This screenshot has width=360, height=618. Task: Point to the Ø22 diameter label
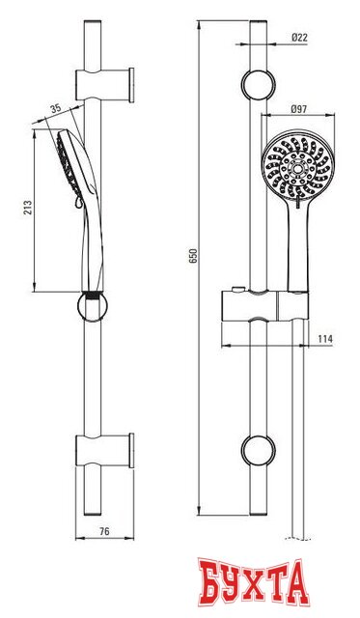(x=298, y=39)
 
